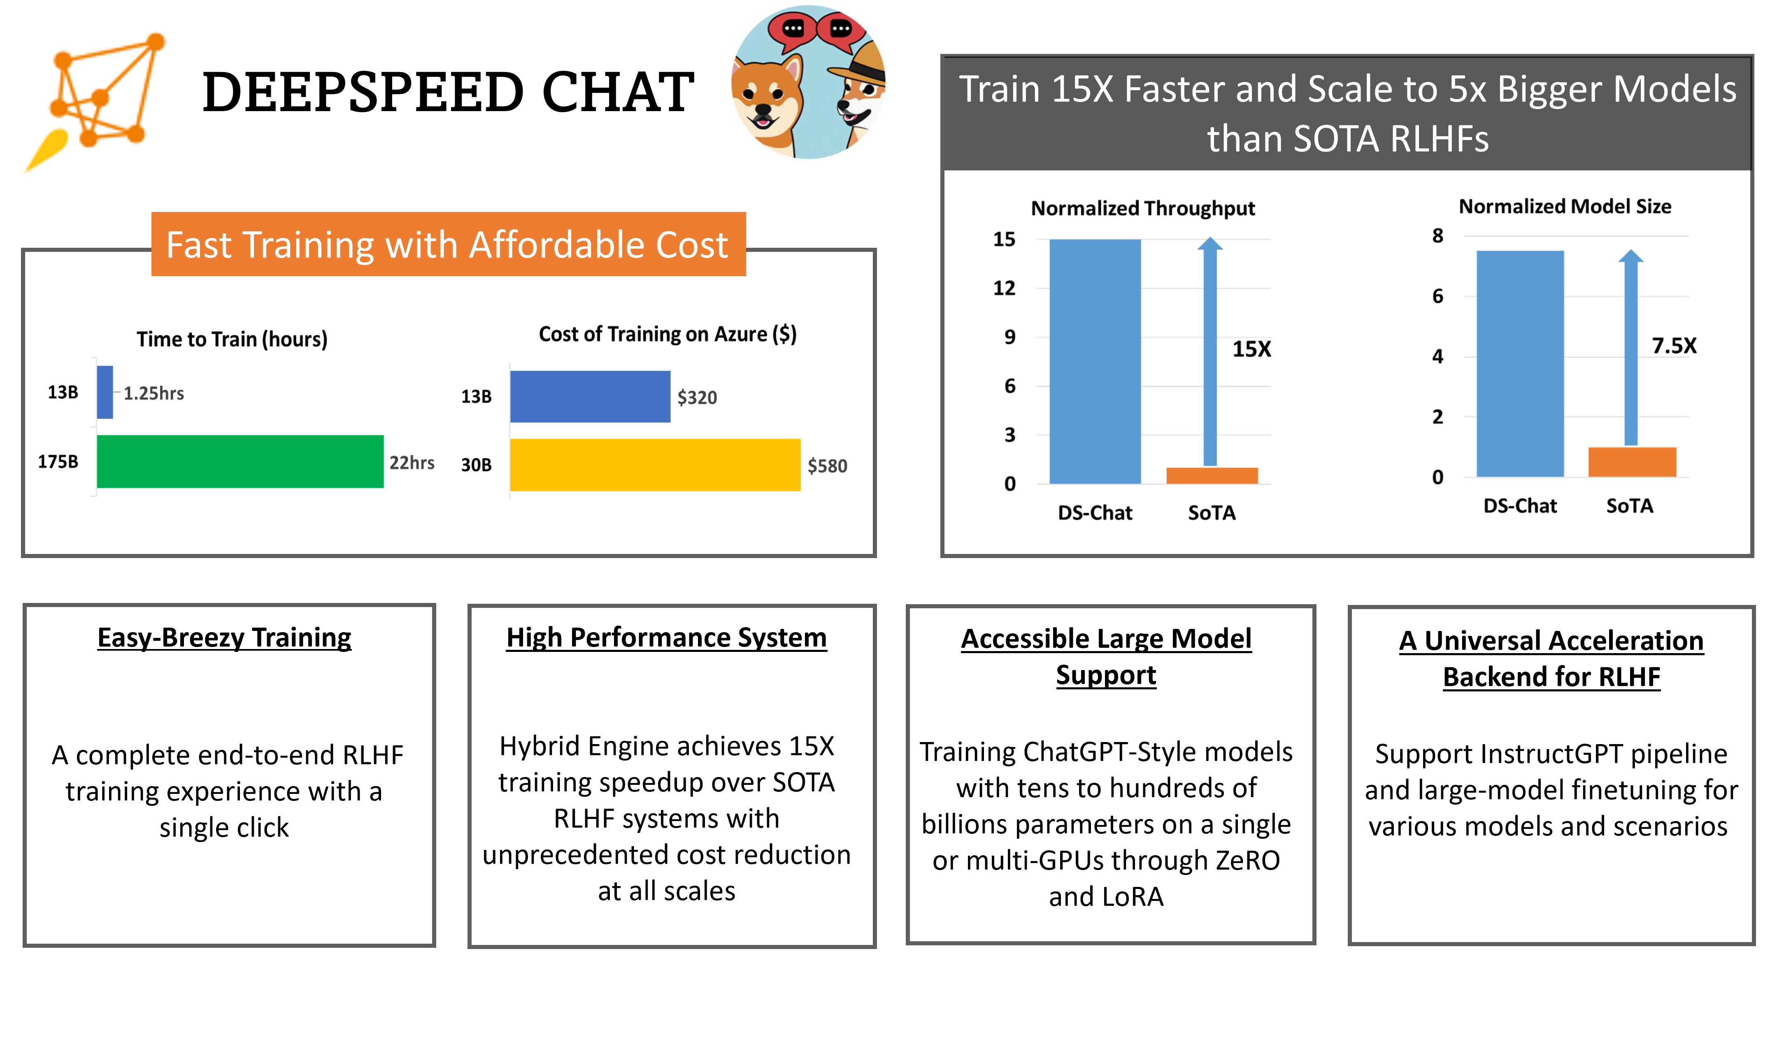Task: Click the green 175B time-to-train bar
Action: coord(240,461)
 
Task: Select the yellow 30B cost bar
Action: coord(655,465)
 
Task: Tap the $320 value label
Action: coord(697,397)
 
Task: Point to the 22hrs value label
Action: coord(412,463)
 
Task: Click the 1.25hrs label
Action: coord(154,393)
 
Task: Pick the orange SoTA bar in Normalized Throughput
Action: coord(1212,475)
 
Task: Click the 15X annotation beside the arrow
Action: coord(1251,349)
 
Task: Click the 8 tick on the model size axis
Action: coord(1437,236)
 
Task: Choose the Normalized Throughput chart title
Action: coord(1143,208)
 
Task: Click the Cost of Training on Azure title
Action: coord(668,334)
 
